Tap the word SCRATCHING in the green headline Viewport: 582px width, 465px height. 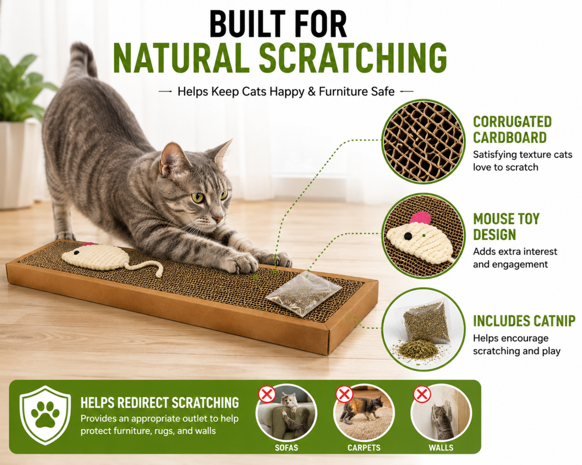(x=353, y=58)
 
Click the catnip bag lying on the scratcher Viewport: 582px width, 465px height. (x=304, y=293)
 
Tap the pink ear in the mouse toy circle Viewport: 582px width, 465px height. (x=420, y=218)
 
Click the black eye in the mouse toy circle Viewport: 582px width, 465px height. (x=408, y=236)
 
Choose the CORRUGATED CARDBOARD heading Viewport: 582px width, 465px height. (x=512, y=129)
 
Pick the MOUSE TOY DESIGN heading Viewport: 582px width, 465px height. (x=506, y=226)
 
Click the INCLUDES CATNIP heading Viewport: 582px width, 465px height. (x=524, y=321)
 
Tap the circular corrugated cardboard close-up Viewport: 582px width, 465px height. (x=423, y=141)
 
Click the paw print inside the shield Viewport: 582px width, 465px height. (x=45, y=415)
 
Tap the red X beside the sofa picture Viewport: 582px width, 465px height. (x=267, y=394)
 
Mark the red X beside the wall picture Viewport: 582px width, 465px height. (x=422, y=394)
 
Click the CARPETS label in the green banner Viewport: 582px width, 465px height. (x=364, y=448)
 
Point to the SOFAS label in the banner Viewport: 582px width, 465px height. (x=287, y=448)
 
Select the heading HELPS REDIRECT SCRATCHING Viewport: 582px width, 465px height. (x=160, y=403)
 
